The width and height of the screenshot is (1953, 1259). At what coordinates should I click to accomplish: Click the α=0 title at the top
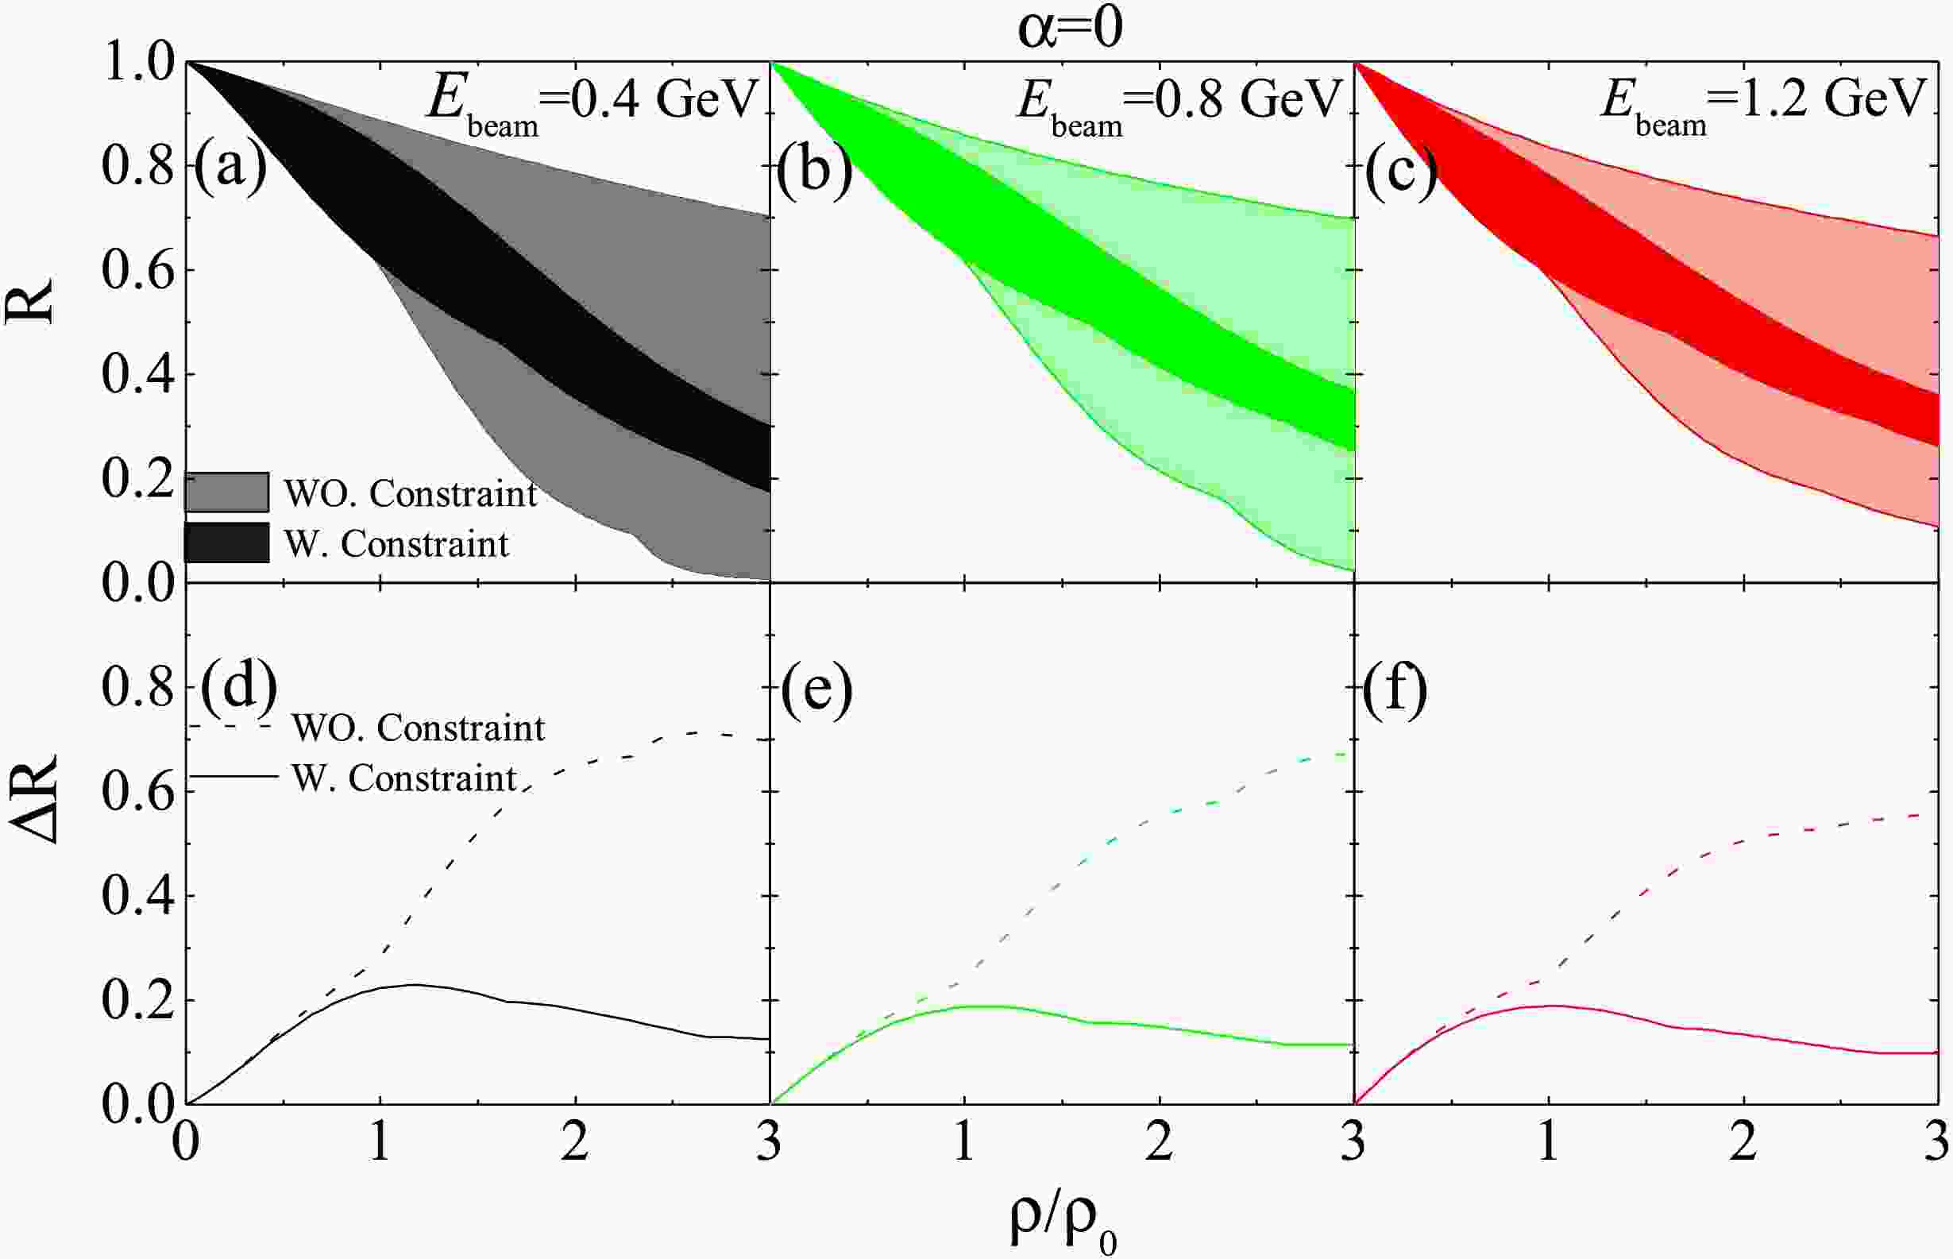click(x=1069, y=29)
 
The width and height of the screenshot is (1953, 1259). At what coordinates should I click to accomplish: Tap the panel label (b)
click(x=814, y=168)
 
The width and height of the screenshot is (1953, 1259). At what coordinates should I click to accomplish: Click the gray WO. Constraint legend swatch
click(x=227, y=492)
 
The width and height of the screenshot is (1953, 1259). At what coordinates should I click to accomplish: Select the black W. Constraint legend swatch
click(x=227, y=543)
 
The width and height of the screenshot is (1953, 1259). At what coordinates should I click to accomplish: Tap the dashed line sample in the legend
click(x=232, y=725)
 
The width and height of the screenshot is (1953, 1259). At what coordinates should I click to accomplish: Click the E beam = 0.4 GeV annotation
click(x=592, y=103)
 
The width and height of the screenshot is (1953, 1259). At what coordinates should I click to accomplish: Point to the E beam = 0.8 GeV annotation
click(x=1179, y=103)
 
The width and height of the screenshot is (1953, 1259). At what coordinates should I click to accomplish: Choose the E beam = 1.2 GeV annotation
click(x=1762, y=103)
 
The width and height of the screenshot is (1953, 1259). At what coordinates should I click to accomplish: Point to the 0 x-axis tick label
click(x=187, y=1142)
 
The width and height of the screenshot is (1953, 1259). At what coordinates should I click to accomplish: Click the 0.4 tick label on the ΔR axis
click(x=139, y=897)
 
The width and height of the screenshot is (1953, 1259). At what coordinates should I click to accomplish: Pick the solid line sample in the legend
click(x=234, y=776)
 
